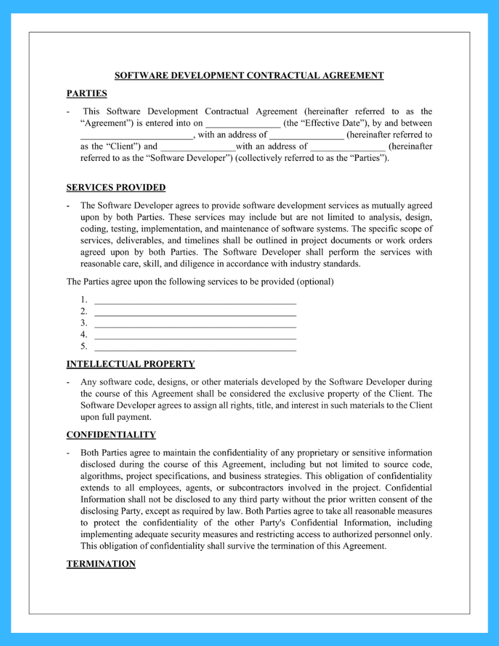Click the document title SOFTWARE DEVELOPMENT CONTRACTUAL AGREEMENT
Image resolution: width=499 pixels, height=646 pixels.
tap(249, 75)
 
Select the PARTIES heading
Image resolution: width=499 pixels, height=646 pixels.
tap(87, 93)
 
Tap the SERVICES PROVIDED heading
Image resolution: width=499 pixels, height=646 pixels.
tap(115, 187)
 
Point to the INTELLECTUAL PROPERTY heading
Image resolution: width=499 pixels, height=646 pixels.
tap(130, 364)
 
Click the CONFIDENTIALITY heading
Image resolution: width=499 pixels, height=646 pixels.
tap(111, 435)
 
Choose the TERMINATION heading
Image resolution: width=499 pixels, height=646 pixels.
tap(101, 564)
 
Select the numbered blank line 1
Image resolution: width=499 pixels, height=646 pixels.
tap(196, 300)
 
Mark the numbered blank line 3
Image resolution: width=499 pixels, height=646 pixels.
tap(196, 324)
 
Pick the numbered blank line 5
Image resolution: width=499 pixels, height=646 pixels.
tap(196, 346)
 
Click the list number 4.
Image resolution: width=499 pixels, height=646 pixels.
tap(84, 334)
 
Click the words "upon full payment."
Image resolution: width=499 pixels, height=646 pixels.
tap(116, 417)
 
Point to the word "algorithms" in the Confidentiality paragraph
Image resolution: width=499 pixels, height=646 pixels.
tap(100, 476)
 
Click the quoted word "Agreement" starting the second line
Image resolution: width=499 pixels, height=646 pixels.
tap(101, 123)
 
